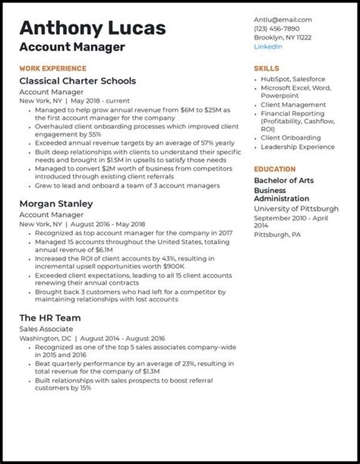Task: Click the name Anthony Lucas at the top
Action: pos(93,29)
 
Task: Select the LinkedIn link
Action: pos(268,46)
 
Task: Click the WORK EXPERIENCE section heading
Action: pos(52,68)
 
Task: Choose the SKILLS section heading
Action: pos(267,68)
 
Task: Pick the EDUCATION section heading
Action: pos(275,169)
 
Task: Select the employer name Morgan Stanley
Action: pos(55,204)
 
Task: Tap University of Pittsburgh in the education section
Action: pos(296,209)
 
